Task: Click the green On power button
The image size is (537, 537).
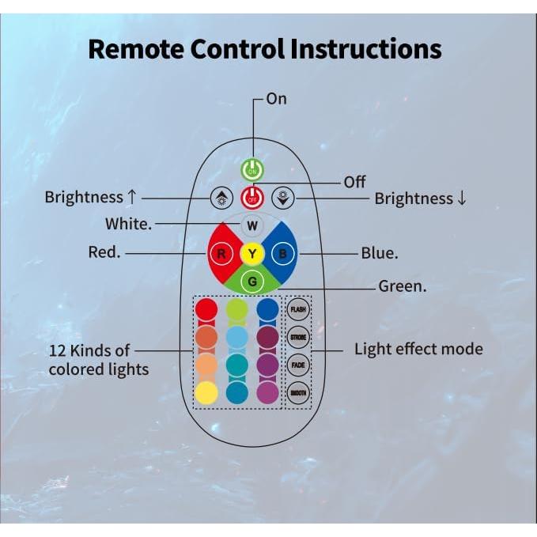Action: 251,170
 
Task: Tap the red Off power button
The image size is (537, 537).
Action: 251,198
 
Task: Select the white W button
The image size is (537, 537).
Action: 251,225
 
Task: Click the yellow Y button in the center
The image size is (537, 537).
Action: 251,254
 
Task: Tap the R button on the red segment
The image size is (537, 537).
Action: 222,254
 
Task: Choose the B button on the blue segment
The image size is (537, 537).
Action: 282,254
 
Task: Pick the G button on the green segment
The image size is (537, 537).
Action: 251,281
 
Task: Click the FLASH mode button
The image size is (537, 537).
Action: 298,309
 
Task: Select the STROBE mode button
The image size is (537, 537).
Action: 298,338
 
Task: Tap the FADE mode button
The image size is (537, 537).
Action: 298,365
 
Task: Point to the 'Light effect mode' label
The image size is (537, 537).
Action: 418,349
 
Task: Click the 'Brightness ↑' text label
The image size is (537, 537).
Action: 96,197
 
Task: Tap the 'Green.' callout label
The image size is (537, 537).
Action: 403,286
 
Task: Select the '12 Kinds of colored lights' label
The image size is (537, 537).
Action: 99,359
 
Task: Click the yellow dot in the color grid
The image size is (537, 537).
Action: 206,393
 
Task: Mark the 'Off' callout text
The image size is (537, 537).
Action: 354,183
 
